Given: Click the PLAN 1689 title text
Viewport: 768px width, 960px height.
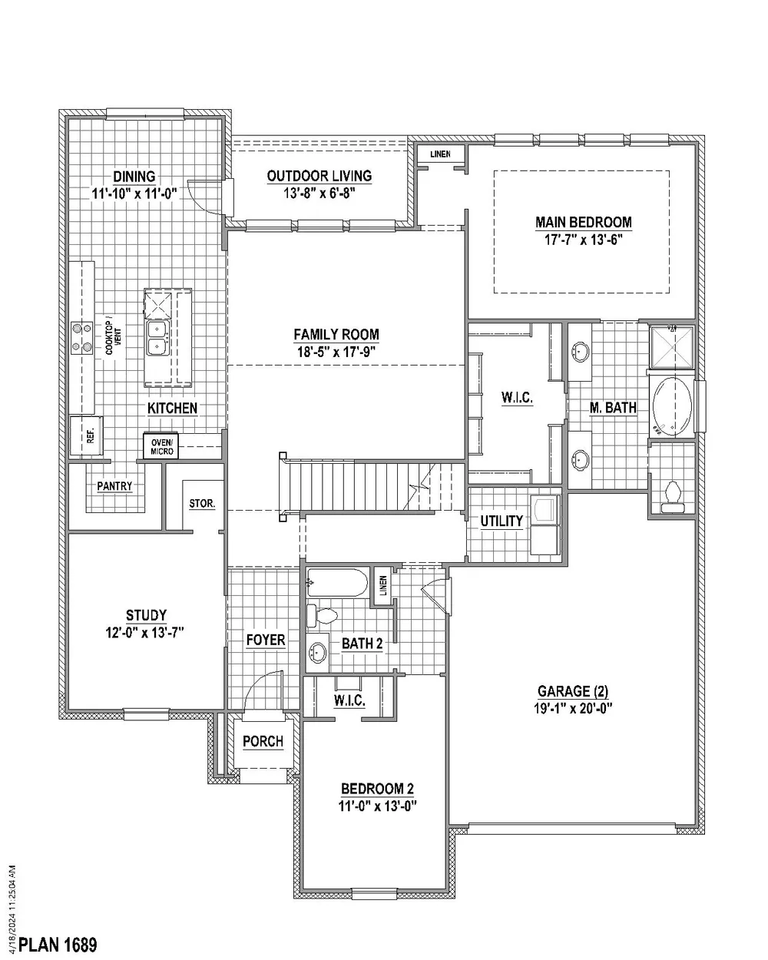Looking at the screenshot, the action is (58, 944).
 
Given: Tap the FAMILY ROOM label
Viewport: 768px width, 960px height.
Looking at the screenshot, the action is (336, 334).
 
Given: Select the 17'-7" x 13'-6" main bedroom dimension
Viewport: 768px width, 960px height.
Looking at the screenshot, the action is (583, 240).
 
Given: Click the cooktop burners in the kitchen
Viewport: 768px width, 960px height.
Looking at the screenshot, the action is (81, 338).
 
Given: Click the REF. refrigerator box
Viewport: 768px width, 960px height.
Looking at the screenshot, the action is (87, 435).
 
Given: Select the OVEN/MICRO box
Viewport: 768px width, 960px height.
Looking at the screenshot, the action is (161, 445).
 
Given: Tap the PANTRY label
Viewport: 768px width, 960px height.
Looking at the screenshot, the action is (114, 486).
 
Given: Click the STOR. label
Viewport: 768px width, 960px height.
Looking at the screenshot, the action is (202, 504).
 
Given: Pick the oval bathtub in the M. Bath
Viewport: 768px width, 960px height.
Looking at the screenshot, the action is (672, 406).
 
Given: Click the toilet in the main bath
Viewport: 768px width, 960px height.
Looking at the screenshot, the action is (672, 497).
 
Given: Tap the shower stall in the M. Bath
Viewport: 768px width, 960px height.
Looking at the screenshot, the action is (671, 347).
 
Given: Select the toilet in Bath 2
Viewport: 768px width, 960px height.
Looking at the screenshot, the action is (322, 617).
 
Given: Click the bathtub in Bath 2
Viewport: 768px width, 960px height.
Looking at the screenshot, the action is (337, 584).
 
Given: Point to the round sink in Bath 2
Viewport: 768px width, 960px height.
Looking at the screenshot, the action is (317, 653).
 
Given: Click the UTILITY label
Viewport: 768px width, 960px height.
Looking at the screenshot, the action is (502, 521).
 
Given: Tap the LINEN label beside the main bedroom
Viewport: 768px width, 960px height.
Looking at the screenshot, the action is (441, 154).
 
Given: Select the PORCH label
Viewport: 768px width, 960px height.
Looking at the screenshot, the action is (263, 741).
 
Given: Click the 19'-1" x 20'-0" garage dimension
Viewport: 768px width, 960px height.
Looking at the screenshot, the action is (573, 708).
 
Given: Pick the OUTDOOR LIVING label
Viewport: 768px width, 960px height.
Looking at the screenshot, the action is (319, 176).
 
